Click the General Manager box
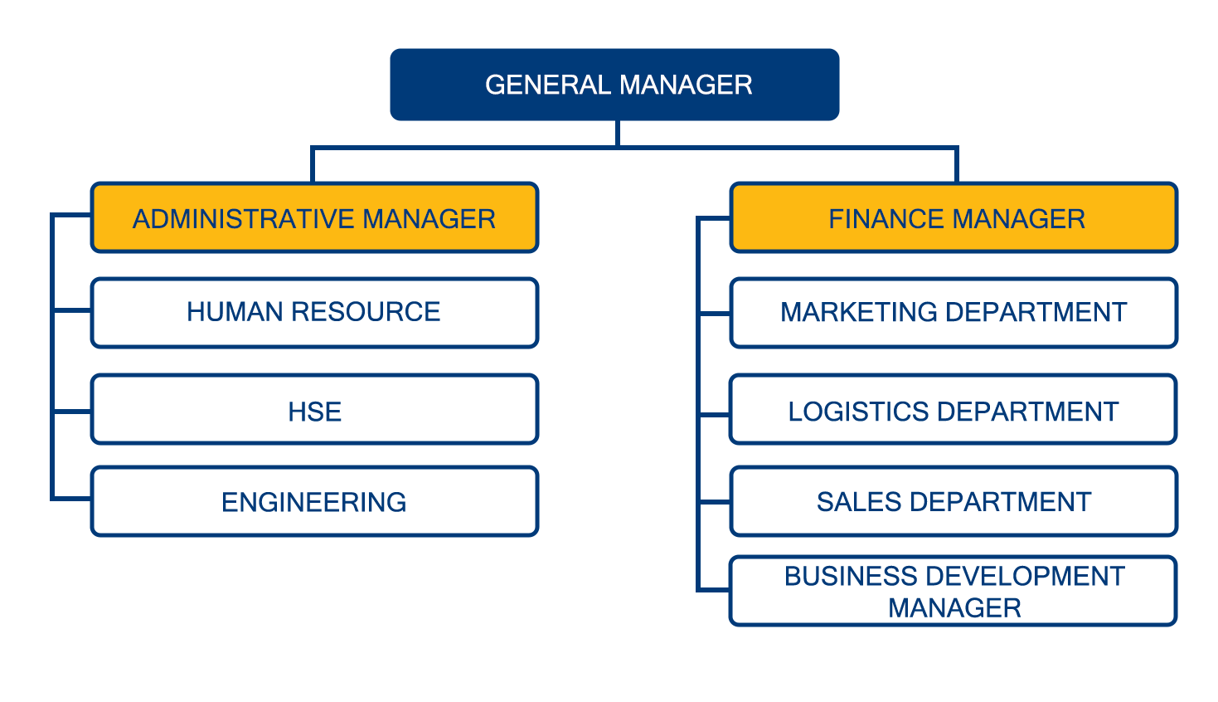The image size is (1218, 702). tap(614, 85)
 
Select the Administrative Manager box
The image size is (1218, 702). tap(315, 217)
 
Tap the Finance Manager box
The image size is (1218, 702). tap(954, 217)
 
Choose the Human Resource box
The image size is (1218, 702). tap(315, 313)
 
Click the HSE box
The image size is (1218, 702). tap(315, 409)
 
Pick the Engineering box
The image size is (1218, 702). tap(315, 501)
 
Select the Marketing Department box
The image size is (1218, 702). tap(954, 313)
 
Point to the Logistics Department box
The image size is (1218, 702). tap(954, 409)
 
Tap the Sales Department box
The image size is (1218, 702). tap(954, 501)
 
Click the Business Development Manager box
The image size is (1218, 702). tap(954, 591)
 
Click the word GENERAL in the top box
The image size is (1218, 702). tap(548, 85)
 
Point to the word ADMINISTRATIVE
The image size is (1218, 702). tap(244, 219)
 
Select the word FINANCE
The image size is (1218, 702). tap(886, 219)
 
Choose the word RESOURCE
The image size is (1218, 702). tap(366, 312)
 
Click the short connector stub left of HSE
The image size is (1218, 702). tap(72, 412)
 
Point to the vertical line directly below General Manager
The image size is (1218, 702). tap(618, 134)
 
